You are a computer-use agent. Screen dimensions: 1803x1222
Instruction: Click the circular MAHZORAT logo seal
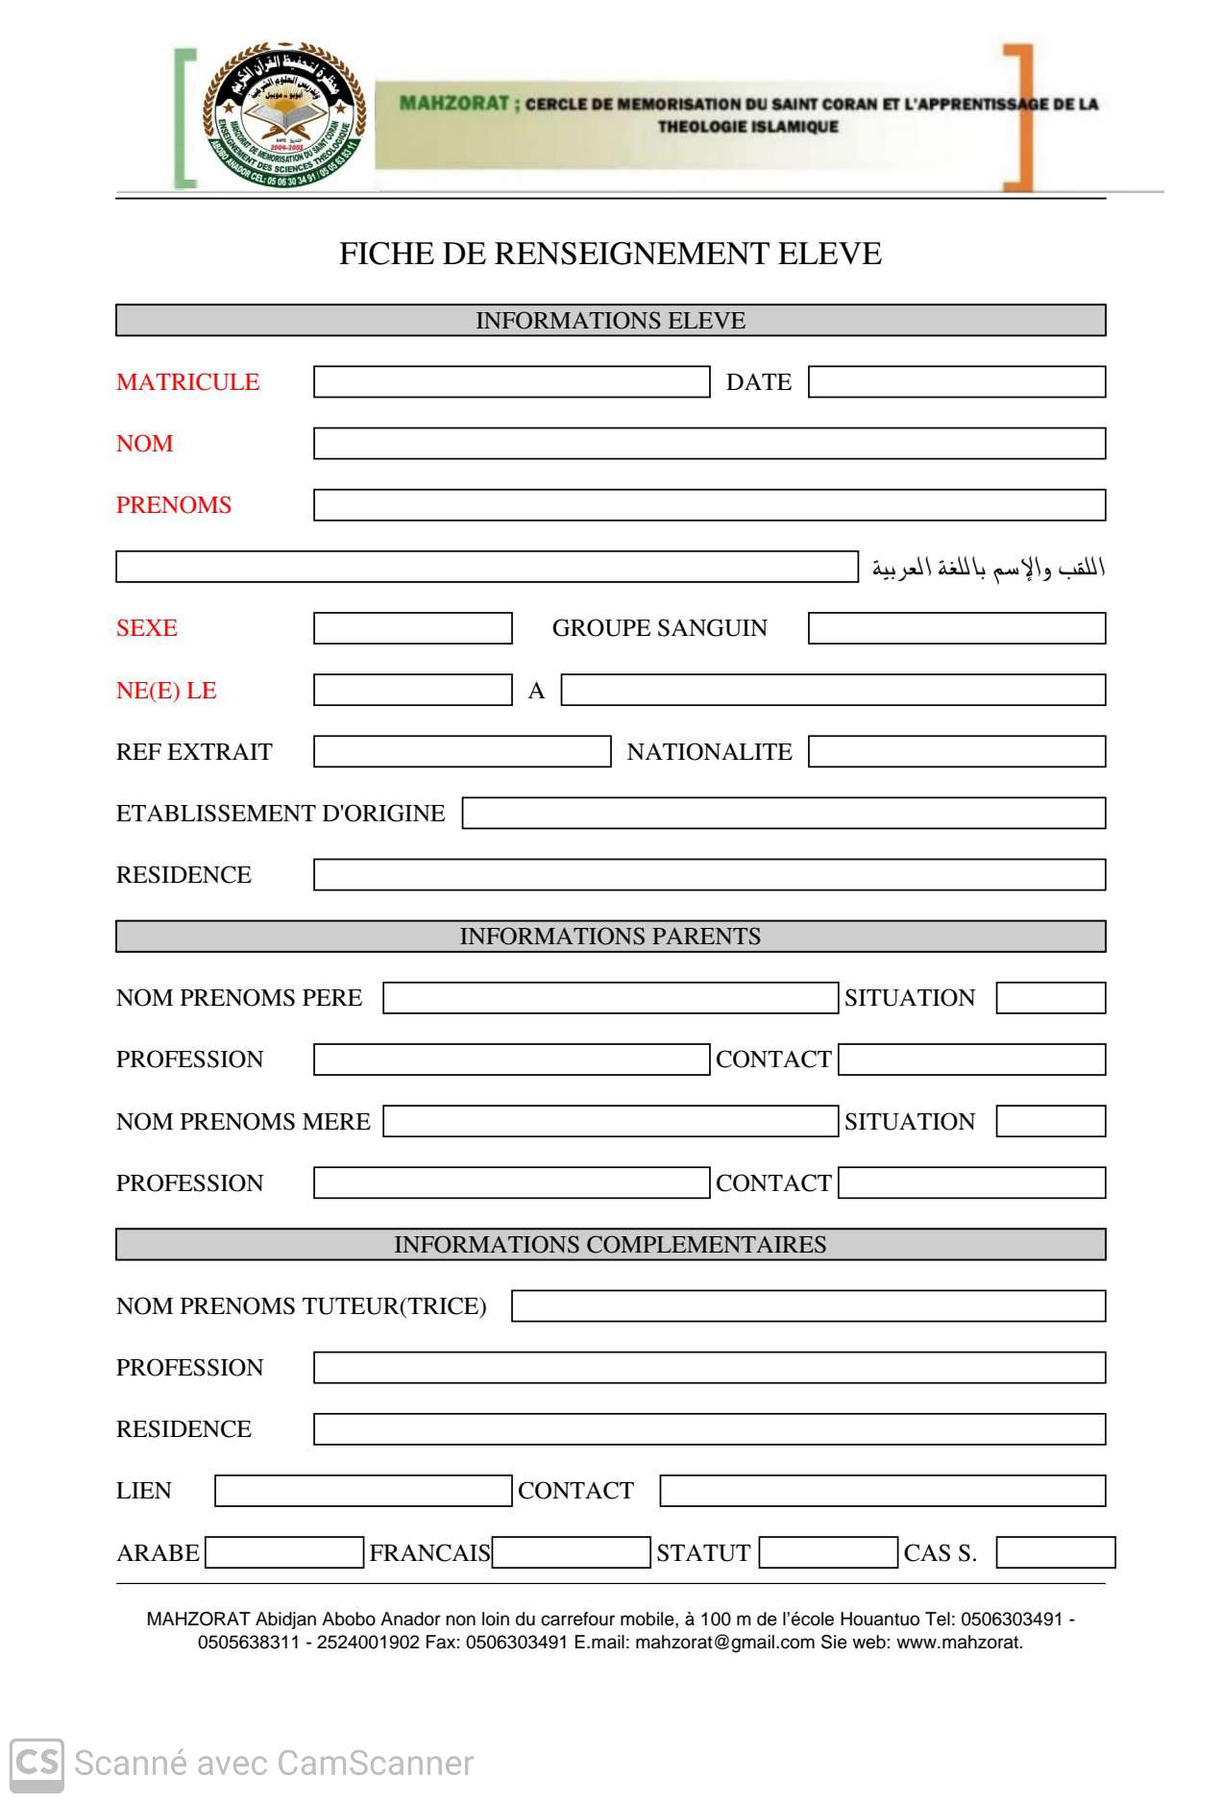pyautogui.click(x=284, y=115)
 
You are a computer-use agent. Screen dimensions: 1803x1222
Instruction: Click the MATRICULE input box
pyautogui.click(x=511, y=382)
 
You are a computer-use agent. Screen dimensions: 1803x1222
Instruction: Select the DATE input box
pyautogui.click(x=957, y=382)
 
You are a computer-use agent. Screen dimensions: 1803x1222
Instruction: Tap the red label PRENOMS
pyautogui.click(x=174, y=505)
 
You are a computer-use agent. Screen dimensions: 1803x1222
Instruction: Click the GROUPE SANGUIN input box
pyautogui.click(x=957, y=628)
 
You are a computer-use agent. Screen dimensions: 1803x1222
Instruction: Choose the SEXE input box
pyautogui.click(x=413, y=628)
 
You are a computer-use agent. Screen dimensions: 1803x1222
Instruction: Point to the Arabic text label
pyautogui.click(x=988, y=568)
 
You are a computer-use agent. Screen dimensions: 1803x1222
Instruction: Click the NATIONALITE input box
pyautogui.click(x=957, y=752)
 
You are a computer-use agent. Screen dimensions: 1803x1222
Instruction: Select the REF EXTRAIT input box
pyautogui.click(x=462, y=752)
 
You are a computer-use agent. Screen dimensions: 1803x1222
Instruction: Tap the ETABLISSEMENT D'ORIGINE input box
pyautogui.click(x=784, y=814)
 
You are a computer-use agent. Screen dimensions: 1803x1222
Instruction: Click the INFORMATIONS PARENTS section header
pyautogui.click(x=611, y=937)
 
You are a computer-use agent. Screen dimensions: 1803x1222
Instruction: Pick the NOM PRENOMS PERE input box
pyautogui.click(x=610, y=998)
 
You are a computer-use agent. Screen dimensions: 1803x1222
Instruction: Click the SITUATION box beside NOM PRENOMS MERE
pyautogui.click(x=1051, y=1121)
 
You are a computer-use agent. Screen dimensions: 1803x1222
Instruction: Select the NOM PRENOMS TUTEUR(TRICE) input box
pyautogui.click(x=809, y=1306)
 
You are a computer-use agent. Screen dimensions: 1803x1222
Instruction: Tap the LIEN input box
pyautogui.click(x=363, y=1491)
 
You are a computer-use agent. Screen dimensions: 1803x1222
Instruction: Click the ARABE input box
pyautogui.click(x=284, y=1552)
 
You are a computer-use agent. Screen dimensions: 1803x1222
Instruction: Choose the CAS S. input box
pyautogui.click(x=1056, y=1552)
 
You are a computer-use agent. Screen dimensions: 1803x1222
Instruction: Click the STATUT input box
pyautogui.click(x=828, y=1552)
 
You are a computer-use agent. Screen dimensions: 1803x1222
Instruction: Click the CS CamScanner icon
pyautogui.click(x=37, y=1764)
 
